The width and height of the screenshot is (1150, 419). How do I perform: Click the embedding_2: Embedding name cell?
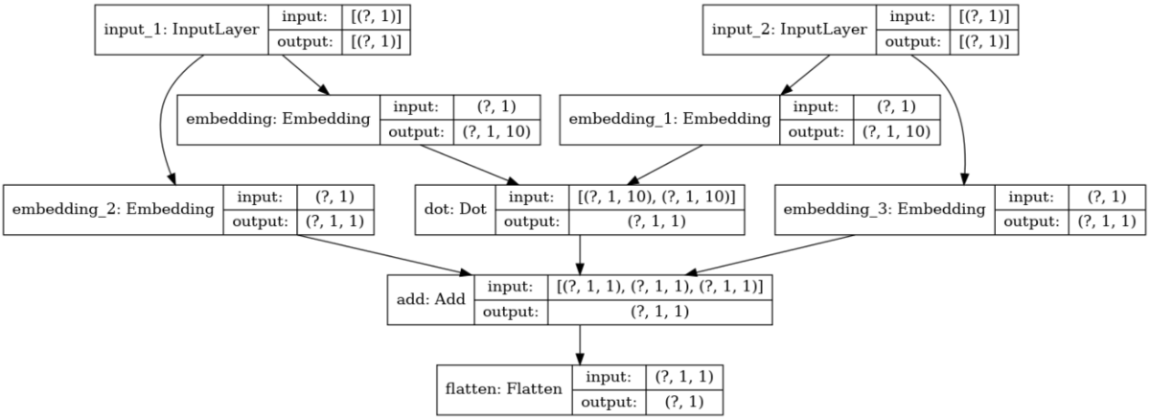click(x=113, y=209)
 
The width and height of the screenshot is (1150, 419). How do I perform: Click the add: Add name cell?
click(x=430, y=299)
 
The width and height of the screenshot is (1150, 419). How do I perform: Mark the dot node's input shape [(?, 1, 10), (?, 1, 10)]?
click(x=657, y=197)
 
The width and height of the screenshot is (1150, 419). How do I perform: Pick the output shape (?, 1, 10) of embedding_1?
click(x=893, y=131)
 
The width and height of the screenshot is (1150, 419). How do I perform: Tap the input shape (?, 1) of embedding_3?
click(x=1100, y=197)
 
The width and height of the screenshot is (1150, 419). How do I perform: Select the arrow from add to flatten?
click(x=581, y=343)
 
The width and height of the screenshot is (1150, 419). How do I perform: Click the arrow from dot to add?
click(x=581, y=254)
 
